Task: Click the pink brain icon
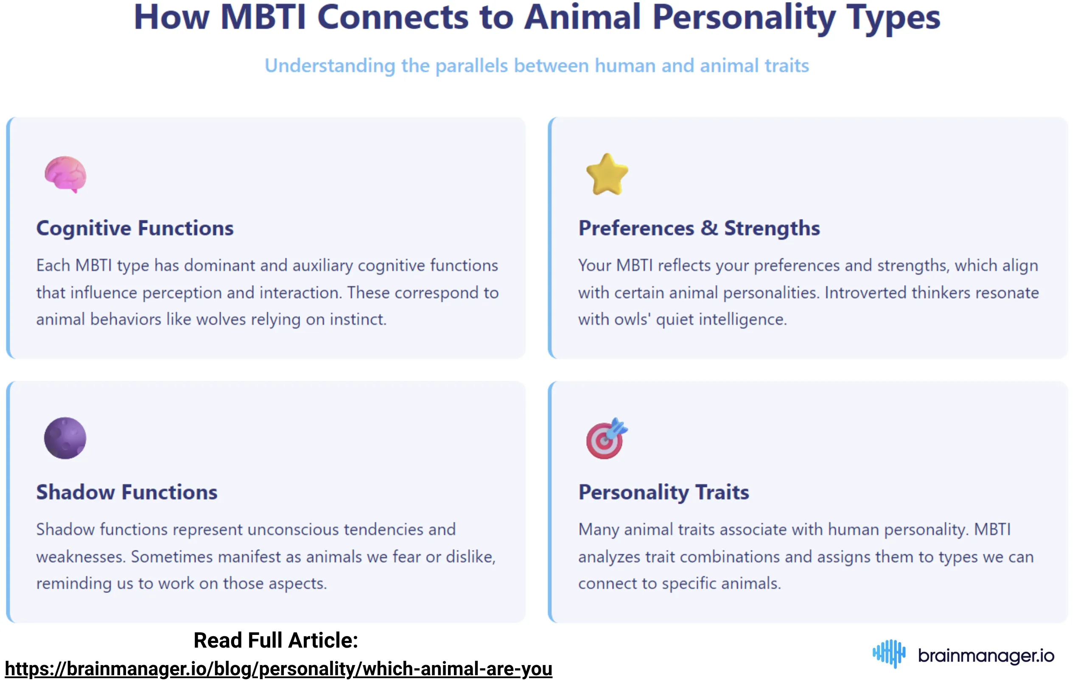(x=65, y=174)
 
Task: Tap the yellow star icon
(x=607, y=174)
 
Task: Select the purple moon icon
(x=65, y=438)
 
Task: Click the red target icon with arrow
(x=606, y=439)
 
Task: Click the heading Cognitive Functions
(x=135, y=228)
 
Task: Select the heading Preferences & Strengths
(x=699, y=228)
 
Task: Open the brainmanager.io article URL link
(x=279, y=669)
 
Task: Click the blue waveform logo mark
(x=889, y=654)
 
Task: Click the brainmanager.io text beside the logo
(x=986, y=656)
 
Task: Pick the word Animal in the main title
(x=582, y=18)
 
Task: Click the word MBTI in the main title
(x=263, y=18)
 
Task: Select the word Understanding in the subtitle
(x=330, y=66)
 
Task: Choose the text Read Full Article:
(x=276, y=640)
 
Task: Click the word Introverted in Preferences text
(x=865, y=293)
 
